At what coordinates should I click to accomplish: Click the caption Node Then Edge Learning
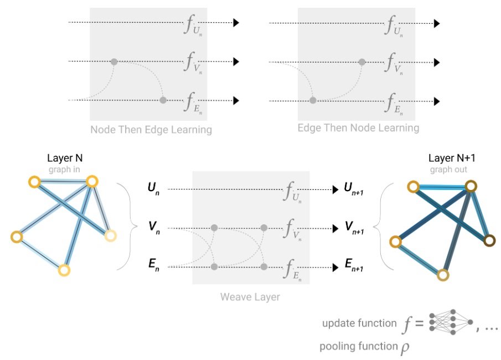click(x=151, y=130)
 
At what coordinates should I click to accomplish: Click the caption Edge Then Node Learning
click(x=358, y=128)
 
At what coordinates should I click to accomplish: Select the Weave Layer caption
click(x=250, y=297)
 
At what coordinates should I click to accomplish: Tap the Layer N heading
click(x=65, y=160)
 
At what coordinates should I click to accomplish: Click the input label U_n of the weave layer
click(x=153, y=189)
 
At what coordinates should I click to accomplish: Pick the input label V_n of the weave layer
click(x=153, y=228)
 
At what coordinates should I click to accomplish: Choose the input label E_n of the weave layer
click(x=153, y=266)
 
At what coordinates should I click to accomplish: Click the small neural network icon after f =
click(x=451, y=322)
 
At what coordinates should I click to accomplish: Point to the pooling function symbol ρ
click(x=402, y=348)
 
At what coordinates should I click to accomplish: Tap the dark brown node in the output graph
click(x=489, y=241)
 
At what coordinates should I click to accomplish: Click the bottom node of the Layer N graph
click(x=64, y=270)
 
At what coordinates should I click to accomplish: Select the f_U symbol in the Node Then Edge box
click(x=191, y=25)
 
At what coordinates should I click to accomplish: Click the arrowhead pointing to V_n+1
click(x=335, y=228)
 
